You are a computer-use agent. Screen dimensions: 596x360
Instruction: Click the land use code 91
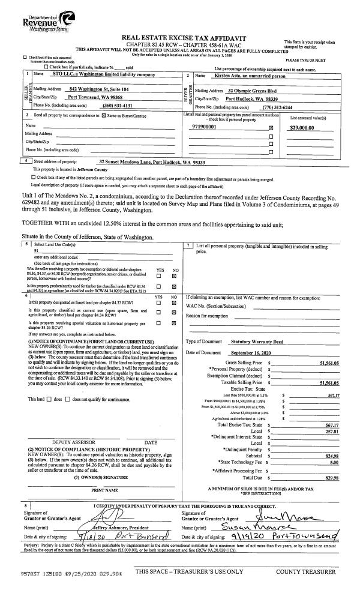[37, 251]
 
